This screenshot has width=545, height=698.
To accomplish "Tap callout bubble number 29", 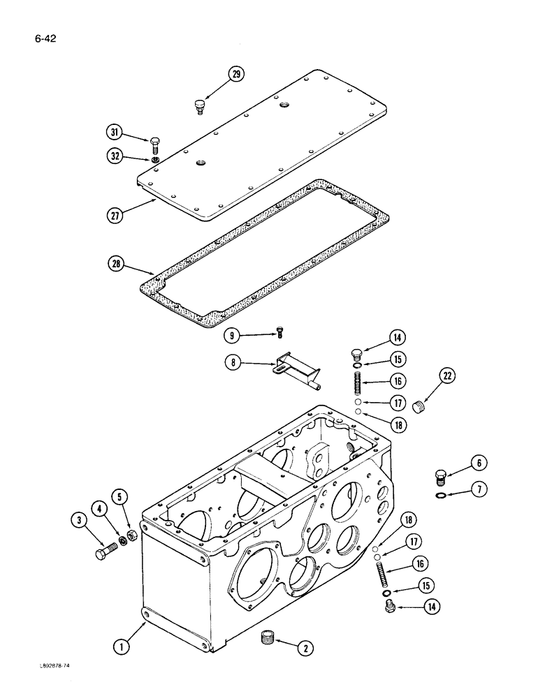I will pyautogui.click(x=238, y=75).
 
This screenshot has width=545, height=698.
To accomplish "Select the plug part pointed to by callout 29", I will pyautogui.click(x=199, y=107).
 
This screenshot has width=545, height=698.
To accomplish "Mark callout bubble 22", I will pyautogui.click(x=448, y=378).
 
